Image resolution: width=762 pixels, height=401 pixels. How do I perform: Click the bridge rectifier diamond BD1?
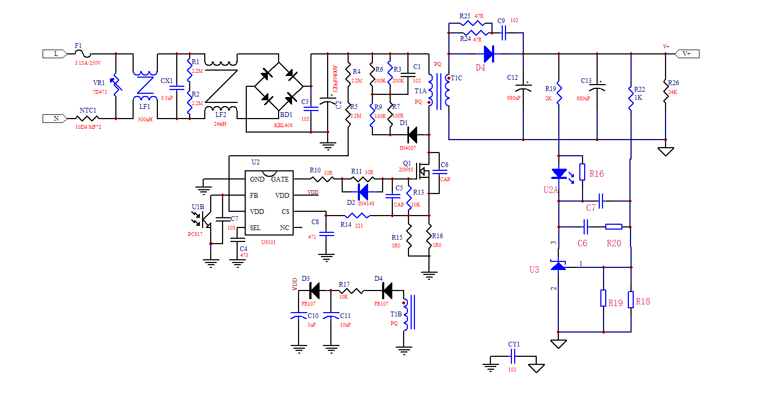tap(278, 86)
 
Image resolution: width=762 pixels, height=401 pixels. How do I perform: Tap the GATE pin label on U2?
tap(280, 179)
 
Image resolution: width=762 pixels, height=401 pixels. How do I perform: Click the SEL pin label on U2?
tap(255, 228)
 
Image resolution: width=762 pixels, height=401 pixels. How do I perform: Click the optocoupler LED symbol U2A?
tap(558, 174)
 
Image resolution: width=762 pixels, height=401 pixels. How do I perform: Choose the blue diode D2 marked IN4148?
tap(362, 191)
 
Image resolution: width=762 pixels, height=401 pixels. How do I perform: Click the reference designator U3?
tap(534, 269)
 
